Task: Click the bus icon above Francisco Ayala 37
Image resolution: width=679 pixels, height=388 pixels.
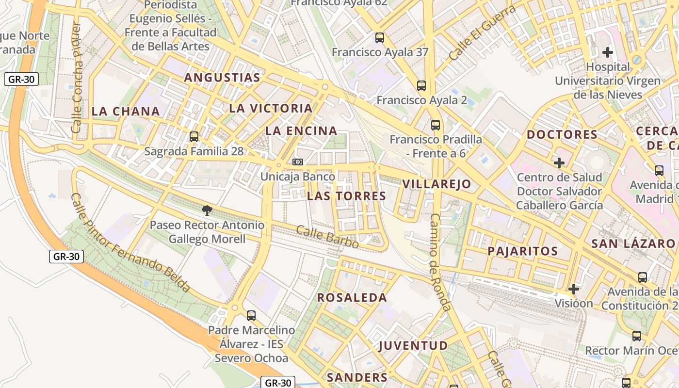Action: click(380, 37)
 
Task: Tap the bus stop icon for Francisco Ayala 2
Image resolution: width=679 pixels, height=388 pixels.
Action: click(421, 86)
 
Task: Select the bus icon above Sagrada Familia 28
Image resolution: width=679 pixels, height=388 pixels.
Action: click(194, 137)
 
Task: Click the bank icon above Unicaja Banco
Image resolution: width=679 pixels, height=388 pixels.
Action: click(298, 162)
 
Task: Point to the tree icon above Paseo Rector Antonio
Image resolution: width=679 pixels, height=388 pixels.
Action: click(207, 210)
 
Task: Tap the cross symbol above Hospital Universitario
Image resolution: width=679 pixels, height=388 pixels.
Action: click(608, 52)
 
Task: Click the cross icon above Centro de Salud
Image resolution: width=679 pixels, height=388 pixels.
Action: click(559, 163)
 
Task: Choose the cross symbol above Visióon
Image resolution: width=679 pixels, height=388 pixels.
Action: click(574, 289)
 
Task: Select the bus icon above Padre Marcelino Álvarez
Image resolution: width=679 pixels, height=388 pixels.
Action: click(251, 316)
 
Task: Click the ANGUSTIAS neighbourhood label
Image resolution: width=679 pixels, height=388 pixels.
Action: click(222, 78)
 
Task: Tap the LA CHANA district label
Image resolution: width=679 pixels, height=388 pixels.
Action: click(126, 111)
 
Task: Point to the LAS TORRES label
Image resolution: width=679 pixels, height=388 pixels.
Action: click(346, 196)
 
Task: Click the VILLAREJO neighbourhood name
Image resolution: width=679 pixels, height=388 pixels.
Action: click(436, 184)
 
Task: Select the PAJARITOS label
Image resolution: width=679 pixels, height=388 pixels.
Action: click(522, 251)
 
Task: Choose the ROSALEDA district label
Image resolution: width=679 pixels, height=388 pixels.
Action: click(352, 298)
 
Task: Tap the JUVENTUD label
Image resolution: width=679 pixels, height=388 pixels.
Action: click(413, 345)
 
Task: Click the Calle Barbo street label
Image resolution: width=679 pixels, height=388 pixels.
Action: click(327, 237)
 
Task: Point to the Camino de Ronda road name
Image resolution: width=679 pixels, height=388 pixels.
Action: click(440, 262)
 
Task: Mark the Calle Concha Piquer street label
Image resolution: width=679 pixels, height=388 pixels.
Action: click(77, 78)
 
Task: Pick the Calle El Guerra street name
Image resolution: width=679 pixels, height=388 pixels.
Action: click(482, 33)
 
